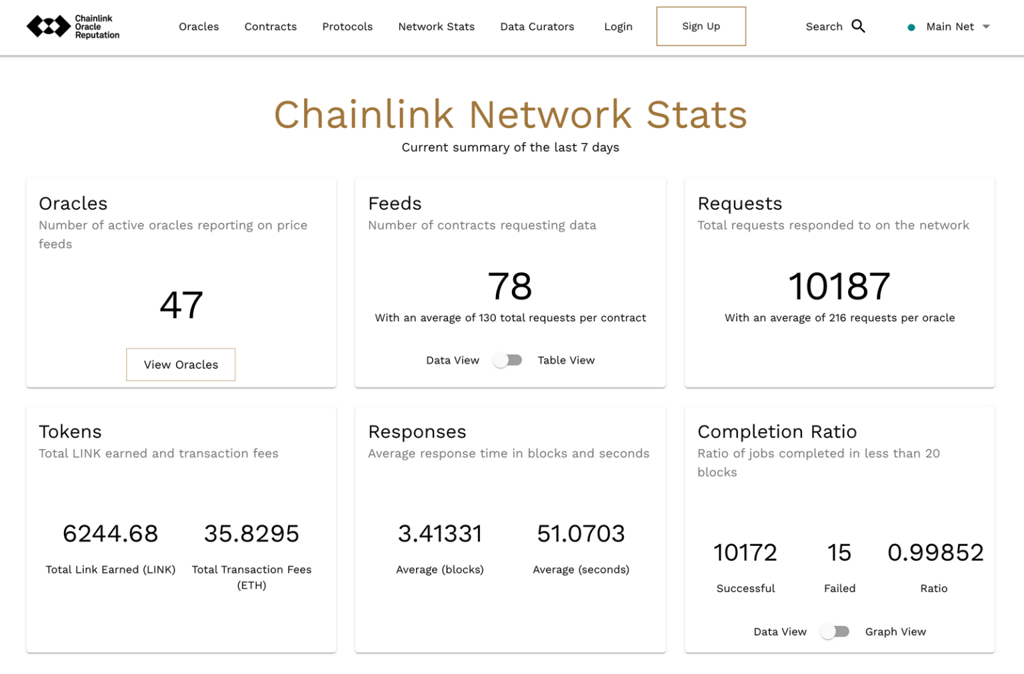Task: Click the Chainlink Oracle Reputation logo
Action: [73, 27]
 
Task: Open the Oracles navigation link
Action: [199, 27]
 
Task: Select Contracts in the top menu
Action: [270, 27]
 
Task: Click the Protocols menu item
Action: [347, 27]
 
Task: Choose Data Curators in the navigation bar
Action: [537, 27]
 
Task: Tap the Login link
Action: [618, 27]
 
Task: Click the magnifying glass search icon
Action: [858, 26]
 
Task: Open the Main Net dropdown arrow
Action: [986, 27]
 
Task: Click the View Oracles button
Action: [181, 365]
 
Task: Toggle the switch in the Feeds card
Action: [507, 360]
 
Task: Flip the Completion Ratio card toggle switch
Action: [835, 631]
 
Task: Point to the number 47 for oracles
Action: [181, 305]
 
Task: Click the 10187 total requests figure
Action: [839, 287]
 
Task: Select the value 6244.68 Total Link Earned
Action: [110, 533]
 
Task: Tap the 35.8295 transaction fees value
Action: [251, 533]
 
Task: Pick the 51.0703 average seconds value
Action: [581, 533]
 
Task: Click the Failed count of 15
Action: [839, 553]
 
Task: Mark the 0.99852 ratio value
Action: [935, 553]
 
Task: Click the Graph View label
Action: [895, 631]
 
